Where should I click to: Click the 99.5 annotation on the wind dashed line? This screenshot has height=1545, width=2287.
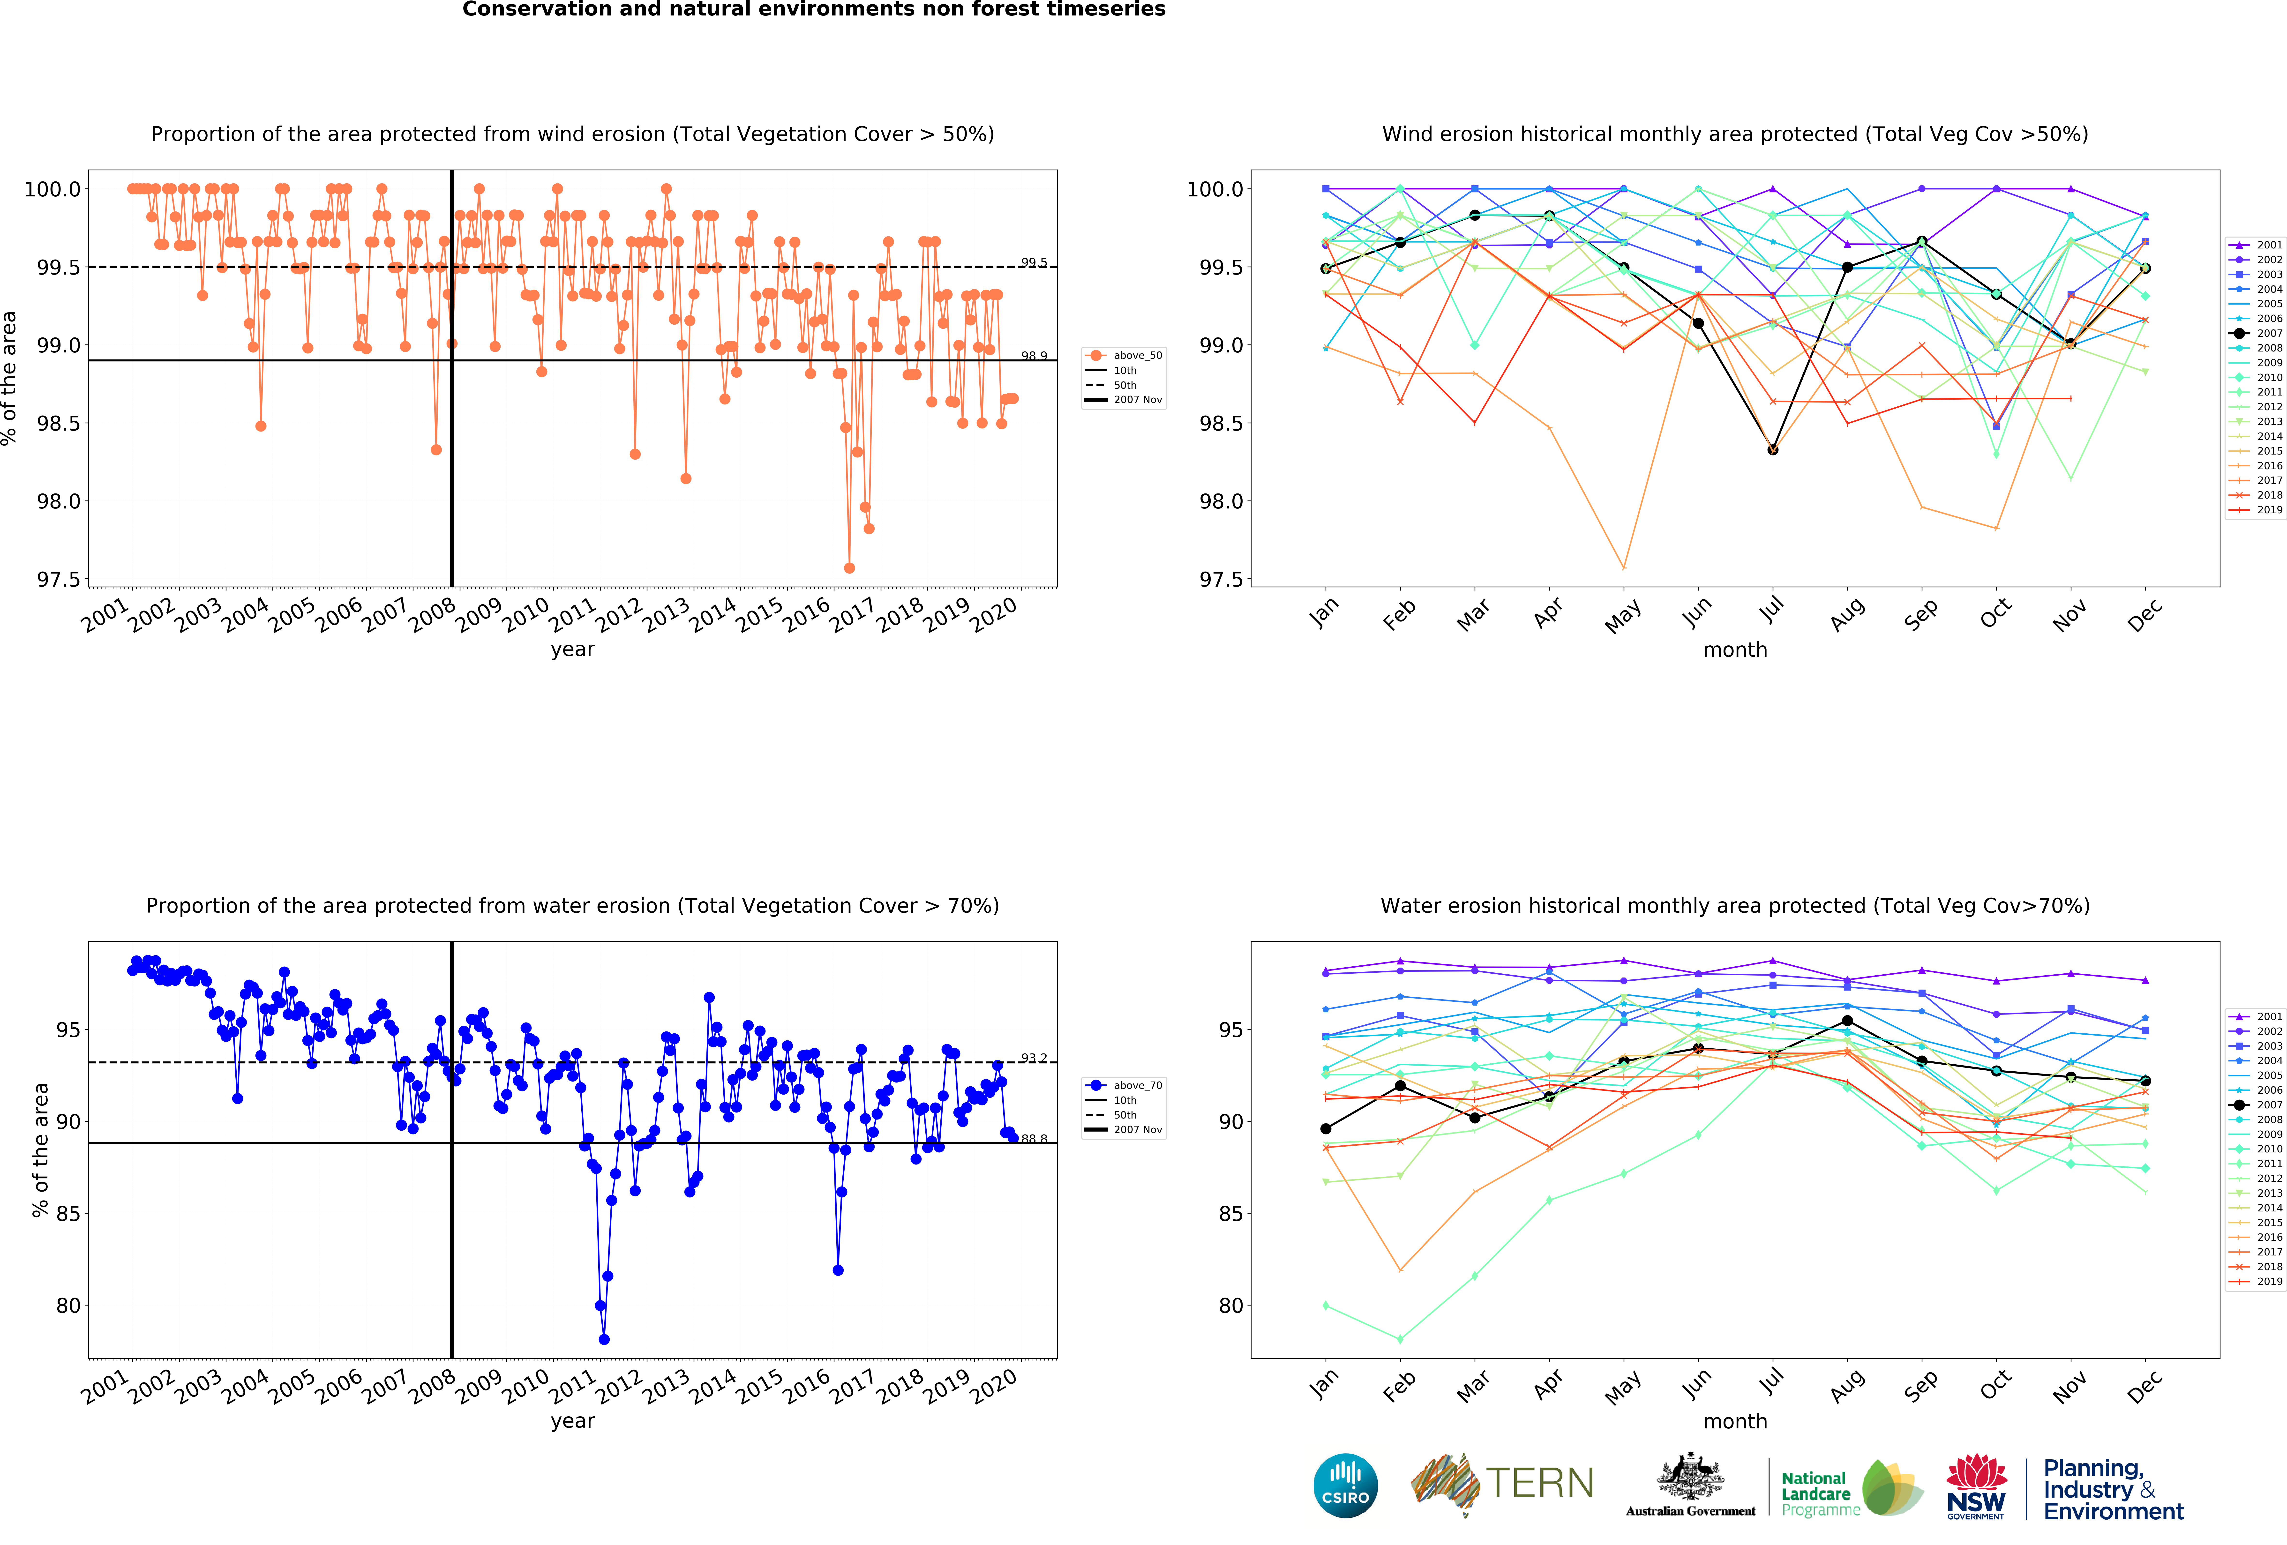tap(1033, 263)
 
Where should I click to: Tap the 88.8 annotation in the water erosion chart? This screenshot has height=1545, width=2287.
tap(1033, 1139)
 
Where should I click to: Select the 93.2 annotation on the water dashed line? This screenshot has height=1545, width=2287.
tap(1033, 1058)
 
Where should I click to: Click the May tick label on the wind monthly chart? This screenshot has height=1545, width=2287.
tap(1623, 616)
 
